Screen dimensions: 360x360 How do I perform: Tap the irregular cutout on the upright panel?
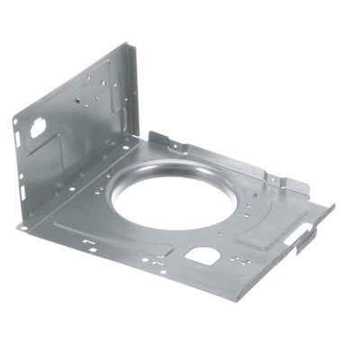[x=40, y=127]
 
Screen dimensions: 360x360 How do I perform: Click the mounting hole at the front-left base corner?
[x=24, y=226]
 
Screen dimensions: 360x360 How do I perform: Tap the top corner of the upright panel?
[x=133, y=44]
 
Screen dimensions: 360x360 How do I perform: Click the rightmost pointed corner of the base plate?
[x=333, y=206]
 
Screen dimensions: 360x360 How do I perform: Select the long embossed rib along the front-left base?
[x=99, y=232]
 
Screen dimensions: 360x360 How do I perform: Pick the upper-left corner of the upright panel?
[x=15, y=118]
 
